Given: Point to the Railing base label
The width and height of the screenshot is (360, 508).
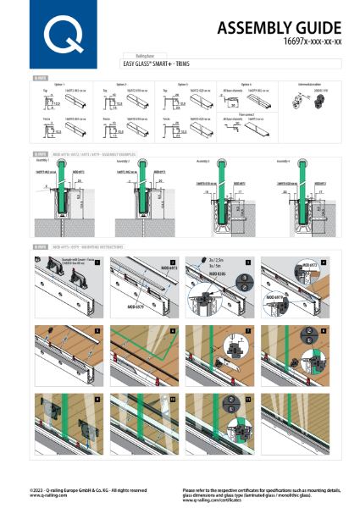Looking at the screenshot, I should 136,53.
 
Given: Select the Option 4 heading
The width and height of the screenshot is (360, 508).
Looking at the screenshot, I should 245,84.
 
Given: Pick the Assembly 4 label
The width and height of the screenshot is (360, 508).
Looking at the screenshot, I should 284,159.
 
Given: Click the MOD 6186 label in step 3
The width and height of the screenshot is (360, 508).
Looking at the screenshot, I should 191,275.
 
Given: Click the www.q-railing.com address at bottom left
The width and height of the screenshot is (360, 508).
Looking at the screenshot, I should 47,494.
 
